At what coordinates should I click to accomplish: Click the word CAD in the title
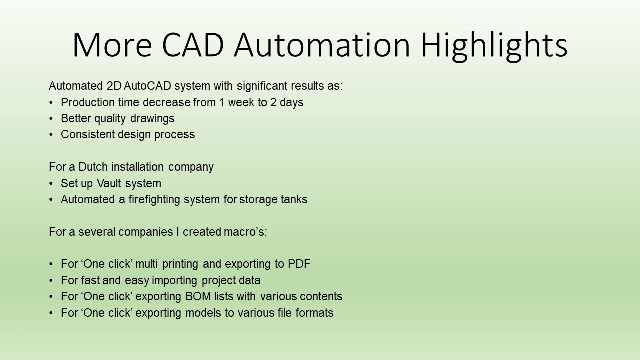193,45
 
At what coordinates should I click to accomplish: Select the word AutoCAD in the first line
147,86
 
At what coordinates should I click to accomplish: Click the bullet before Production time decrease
51,103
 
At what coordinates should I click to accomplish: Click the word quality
110,119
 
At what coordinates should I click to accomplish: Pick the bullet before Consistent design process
51,135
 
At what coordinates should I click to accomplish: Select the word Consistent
88,134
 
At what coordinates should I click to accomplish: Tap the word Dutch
93,167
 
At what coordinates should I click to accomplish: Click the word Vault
109,183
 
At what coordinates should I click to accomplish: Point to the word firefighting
154,200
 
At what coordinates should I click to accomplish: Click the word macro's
245,232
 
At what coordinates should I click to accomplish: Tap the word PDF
299,264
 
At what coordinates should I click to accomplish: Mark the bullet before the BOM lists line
51,297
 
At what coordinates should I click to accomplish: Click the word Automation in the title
322,45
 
